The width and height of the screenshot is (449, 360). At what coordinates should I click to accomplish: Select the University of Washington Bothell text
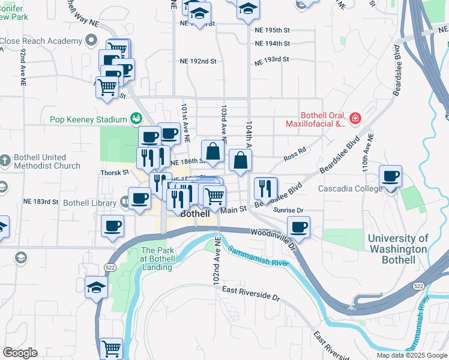[398, 250]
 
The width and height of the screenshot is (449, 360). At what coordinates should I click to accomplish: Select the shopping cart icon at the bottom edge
[112, 347]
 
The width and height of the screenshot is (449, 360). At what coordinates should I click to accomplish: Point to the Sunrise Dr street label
[288, 211]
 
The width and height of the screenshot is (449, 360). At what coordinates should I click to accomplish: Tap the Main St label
[234, 209]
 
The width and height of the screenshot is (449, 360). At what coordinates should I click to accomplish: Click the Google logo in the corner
[20, 353]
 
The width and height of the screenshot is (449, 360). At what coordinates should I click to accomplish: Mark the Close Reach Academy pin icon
[91, 41]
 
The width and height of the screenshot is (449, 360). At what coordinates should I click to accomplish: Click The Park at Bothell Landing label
[157, 254]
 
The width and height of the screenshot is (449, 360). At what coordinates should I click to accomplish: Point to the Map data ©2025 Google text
[411, 355]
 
